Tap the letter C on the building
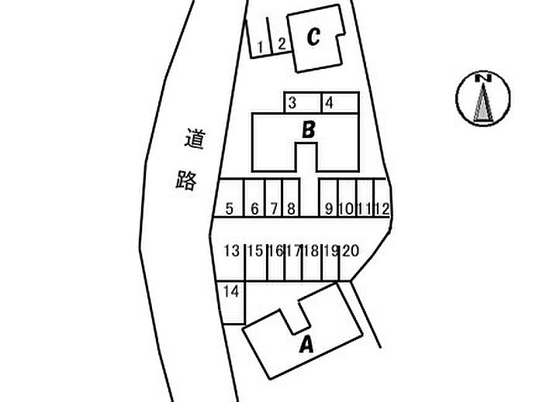click(x=313, y=36)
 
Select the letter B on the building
click(x=308, y=129)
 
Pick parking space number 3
click(x=292, y=102)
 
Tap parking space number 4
click(x=329, y=102)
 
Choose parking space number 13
click(x=230, y=250)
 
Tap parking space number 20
click(x=350, y=250)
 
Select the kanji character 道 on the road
click(x=192, y=140)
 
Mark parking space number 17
click(x=293, y=250)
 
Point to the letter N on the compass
click(x=482, y=78)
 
